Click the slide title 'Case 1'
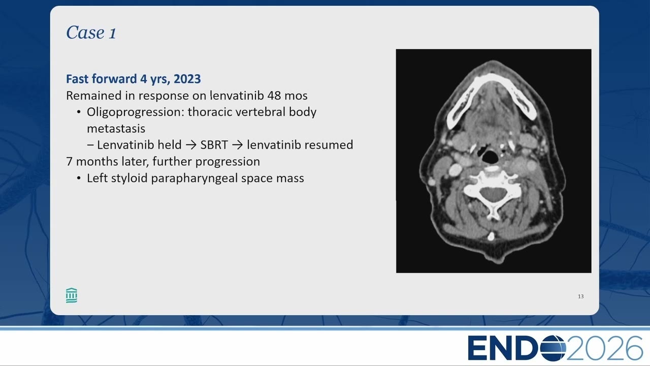pyautogui.click(x=91, y=32)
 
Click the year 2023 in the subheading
pyautogui.click(x=187, y=79)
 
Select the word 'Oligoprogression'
pyautogui.click(x=135, y=112)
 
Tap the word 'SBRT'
pyautogui.click(x=214, y=145)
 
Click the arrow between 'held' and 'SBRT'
pyautogui.click(x=191, y=145)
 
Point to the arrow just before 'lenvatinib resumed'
pyautogui.click(x=237, y=145)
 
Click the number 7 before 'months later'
pyautogui.click(x=69, y=162)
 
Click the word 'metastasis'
pyautogui.click(x=116, y=129)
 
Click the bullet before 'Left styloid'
pyautogui.click(x=79, y=178)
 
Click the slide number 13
pyautogui.click(x=580, y=296)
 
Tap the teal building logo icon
pyautogui.click(x=72, y=295)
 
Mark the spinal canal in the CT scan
pyautogui.click(x=493, y=194)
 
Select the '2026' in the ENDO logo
pyautogui.click(x=605, y=348)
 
